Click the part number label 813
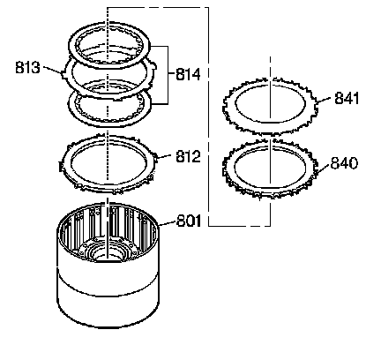coord(27,67)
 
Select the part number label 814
coord(188,74)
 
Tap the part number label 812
coord(188,156)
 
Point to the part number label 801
coord(189,221)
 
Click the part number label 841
coord(347,98)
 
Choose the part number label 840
coord(344,162)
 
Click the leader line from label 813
coord(53,69)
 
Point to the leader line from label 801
coord(167,223)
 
